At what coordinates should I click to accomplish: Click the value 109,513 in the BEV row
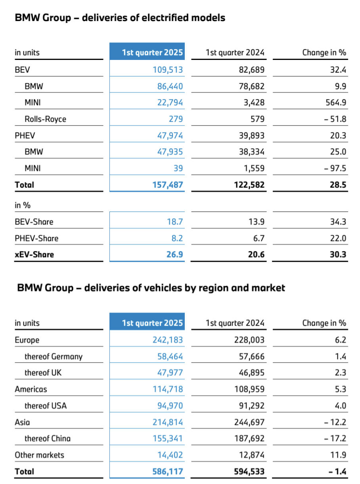coord(168,70)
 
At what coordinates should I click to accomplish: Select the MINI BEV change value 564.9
coord(335,103)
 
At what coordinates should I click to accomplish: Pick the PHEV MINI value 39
coord(178,168)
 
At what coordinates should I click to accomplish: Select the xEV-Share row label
coord(34,255)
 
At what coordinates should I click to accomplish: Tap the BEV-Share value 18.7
coord(174,222)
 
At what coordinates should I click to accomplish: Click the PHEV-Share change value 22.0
coord(338,238)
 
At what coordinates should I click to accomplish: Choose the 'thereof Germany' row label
coord(54,356)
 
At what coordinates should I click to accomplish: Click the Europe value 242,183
coord(168,340)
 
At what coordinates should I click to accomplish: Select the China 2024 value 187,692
coord(249,438)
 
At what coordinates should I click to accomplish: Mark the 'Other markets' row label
coord(39,455)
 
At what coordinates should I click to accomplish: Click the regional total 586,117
coord(168,472)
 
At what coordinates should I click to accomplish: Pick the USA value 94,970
coord(170,406)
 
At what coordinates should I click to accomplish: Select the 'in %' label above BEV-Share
coord(23,206)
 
